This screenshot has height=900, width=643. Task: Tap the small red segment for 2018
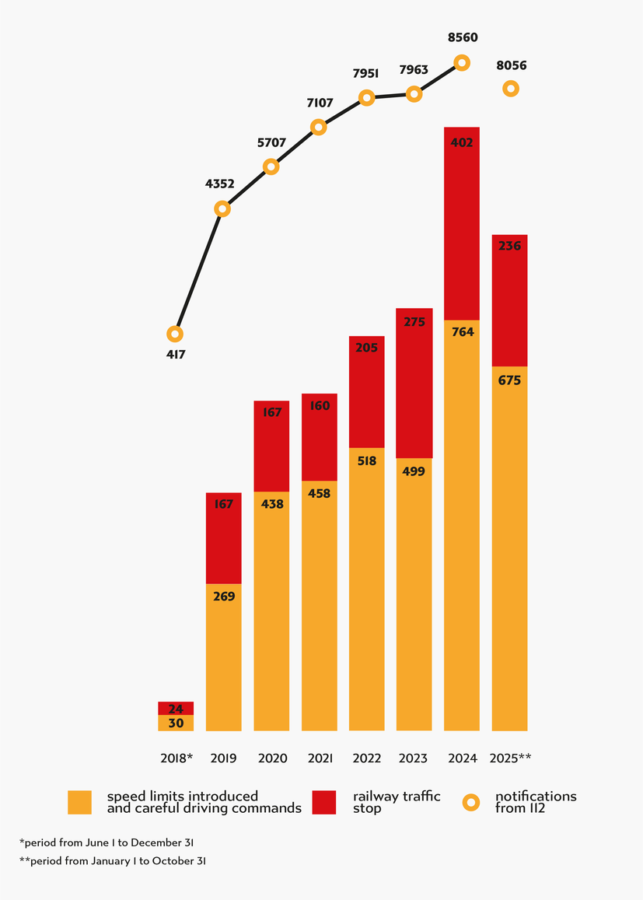click(176, 708)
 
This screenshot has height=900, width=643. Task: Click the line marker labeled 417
click(176, 334)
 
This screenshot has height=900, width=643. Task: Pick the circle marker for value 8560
click(462, 62)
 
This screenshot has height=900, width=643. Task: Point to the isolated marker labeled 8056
click(510, 89)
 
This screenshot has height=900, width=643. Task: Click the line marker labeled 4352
click(223, 208)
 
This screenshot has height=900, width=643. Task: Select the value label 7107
click(319, 103)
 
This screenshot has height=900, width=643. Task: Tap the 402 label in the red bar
click(462, 142)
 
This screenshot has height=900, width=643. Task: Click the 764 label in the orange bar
click(462, 332)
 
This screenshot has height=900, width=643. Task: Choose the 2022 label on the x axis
click(366, 758)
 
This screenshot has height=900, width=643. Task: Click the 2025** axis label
click(510, 758)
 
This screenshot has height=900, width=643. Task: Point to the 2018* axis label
click(176, 758)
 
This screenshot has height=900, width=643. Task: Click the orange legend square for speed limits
click(80, 802)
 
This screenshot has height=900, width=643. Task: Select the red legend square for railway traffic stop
click(323, 802)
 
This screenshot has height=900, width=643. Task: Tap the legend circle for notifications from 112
click(471, 802)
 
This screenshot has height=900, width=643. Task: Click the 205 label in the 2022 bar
click(366, 348)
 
